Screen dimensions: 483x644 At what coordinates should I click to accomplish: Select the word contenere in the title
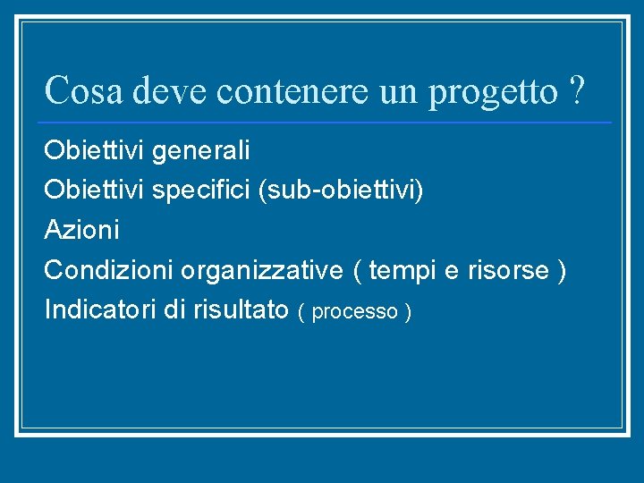pyautogui.click(x=292, y=89)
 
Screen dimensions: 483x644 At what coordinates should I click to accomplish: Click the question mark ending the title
pyautogui.click(x=578, y=89)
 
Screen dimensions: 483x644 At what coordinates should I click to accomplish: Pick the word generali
pyautogui.click(x=201, y=151)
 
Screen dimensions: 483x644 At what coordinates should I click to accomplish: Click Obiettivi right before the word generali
pyautogui.click(x=95, y=150)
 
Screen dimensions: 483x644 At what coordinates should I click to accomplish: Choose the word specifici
pyautogui.click(x=201, y=191)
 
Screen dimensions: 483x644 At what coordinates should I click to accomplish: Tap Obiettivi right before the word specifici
pyautogui.click(x=95, y=190)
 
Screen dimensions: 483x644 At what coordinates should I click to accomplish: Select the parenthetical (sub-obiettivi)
pyautogui.click(x=341, y=191)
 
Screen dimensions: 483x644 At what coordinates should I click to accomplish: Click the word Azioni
pyautogui.click(x=81, y=230)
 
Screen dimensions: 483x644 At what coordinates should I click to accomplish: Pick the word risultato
pyautogui.click(x=239, y=309)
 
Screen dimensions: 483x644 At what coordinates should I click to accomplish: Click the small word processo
pyautogui.click(x=355, y=312)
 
